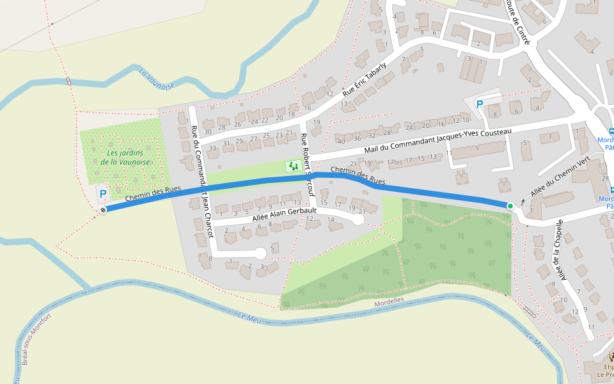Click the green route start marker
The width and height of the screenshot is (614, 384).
coord(510,205)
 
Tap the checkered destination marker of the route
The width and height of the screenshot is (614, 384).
coord(103,210)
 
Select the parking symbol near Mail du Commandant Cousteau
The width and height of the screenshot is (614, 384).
coord(479,104)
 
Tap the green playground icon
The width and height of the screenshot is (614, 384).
coord(294,166)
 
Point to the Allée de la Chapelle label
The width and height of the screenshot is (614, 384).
coord(560,250)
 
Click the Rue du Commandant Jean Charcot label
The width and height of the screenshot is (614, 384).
coord(201,180)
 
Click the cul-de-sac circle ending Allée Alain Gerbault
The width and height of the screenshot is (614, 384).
coord(358,220)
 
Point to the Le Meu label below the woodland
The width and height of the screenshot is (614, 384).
coord(246,316)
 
